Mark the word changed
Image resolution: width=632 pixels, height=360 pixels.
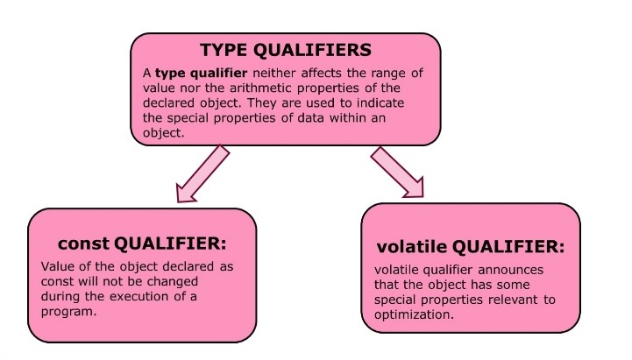click(x=188, y=282)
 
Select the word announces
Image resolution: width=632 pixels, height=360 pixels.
click(x=501, y=270)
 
